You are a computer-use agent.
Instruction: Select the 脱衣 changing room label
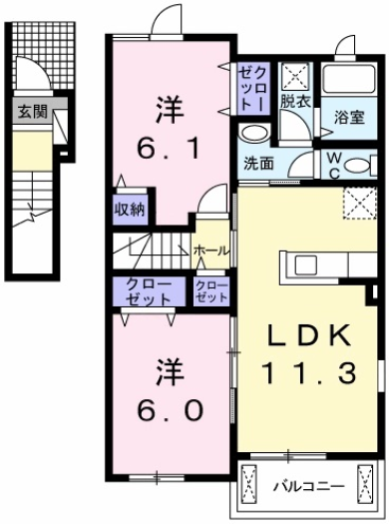pyautogui.click(x=294, y=101)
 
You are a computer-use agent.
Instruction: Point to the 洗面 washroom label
pyautogui.click(x=259, y=164)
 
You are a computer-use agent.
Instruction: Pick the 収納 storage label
pyautogui.click(x=131, y=209)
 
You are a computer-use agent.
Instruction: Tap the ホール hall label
pyautogui.click(x=210, y=250)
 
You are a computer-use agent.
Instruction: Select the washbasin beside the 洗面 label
pyautogui.click(x=254, y=135)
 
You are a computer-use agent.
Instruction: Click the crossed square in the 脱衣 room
pyautogui.click(x=295, y=74)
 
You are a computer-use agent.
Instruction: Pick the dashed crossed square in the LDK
pyautogui.click(x=356, y=204)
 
